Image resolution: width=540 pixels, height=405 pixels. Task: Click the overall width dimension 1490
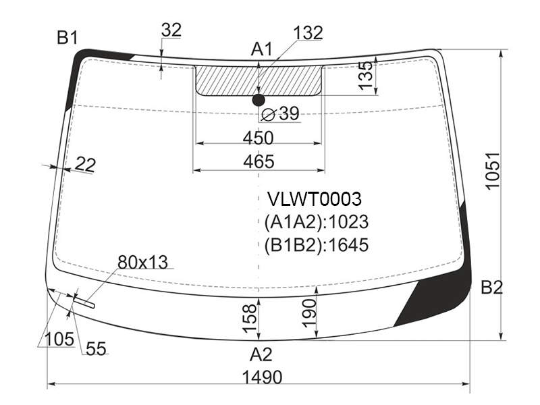(262, 377)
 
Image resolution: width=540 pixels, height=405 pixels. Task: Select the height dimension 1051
(493, 171)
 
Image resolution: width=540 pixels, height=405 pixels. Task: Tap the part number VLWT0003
(315, 198)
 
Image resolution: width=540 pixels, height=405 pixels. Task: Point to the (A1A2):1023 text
(316, 222)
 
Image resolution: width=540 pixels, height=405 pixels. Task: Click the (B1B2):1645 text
(316, 245)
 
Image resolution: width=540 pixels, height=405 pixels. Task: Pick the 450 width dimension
(259, 138)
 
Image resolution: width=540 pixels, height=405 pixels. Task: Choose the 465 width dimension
(259, 161)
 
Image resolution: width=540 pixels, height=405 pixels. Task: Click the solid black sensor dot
(259, 100)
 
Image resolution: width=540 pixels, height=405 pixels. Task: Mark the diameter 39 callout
(281, 113)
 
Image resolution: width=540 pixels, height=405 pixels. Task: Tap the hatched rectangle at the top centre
(259, 80)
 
